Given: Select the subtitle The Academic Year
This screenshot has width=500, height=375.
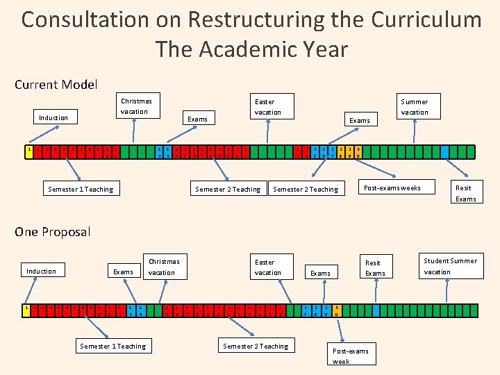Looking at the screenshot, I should pos(251,50).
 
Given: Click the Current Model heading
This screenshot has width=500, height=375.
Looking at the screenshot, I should pos(56,85).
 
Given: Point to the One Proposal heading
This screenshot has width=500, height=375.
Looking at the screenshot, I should pos(53,231).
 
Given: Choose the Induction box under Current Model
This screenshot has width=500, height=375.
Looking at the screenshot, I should pos(53,118).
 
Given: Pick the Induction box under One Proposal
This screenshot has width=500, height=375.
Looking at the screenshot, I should pos(41,271).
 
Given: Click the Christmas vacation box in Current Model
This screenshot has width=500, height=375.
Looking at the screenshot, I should pos(135,106).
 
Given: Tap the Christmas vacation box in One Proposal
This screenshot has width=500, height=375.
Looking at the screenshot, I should pos(164,267).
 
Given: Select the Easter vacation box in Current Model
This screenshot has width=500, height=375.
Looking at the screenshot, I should pos(268,107).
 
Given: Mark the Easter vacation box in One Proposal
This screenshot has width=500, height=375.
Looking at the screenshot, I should pos(268,267).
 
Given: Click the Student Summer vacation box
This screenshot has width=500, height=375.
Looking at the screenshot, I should pos(451,266).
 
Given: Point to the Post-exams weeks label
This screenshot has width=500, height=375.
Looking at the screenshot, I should pos(392,188).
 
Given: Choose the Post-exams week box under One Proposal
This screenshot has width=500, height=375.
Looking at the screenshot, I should pos(351,356).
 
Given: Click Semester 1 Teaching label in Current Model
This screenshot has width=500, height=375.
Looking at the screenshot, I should pos(81,189).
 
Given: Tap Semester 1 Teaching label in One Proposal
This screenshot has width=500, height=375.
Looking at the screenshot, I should pos(113,346).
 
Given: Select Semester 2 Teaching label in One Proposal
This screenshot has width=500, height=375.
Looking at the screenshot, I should pos(256,346).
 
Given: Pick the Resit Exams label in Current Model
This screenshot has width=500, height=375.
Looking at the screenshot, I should pos(465,193).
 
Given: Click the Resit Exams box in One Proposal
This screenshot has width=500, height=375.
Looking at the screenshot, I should pos(375,268).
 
